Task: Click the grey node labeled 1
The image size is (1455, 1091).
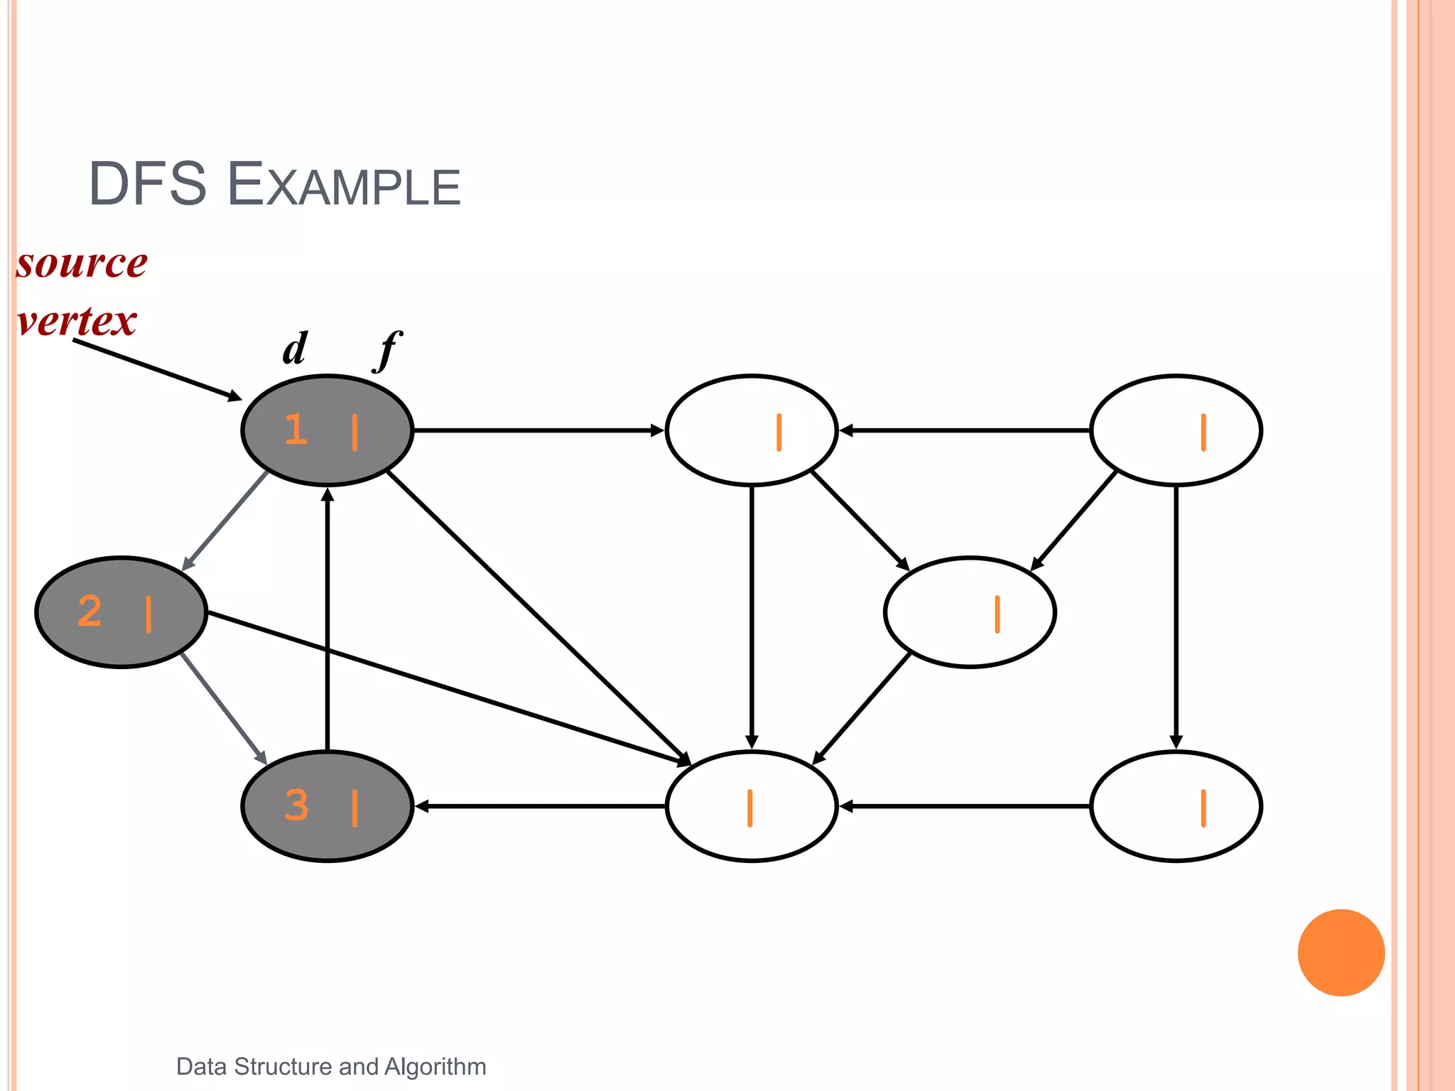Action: [327, 430]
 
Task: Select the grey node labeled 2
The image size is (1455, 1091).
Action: [121, 612]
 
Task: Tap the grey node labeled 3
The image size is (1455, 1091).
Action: [327, 806]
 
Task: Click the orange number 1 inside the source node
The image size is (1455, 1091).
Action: [296, 429]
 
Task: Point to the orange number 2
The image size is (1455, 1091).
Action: [90, 611]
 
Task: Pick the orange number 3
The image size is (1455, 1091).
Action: [296, 805]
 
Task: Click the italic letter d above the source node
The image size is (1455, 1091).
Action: [295, 348]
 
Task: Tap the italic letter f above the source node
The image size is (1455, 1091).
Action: [388, 349]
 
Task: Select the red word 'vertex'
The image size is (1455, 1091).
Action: [77, 321]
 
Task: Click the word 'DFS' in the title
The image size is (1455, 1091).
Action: [147, 185]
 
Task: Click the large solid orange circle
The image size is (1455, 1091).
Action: [1341, 952]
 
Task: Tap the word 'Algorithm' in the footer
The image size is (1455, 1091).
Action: [435, 1066]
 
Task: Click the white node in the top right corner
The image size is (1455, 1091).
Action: [1176, 430]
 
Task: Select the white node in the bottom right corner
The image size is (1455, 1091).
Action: [1176, 806]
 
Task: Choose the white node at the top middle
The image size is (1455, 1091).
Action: [752, 430]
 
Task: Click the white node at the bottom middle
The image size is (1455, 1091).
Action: [752, 806]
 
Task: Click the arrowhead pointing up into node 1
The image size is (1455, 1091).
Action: [328, 494]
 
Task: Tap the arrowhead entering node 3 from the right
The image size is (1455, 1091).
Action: [423, 806]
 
